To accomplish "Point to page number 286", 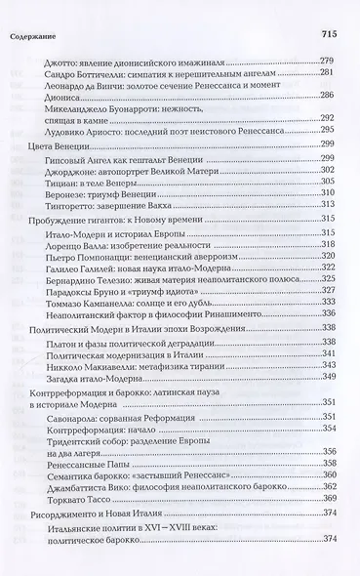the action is pos(329,96).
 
